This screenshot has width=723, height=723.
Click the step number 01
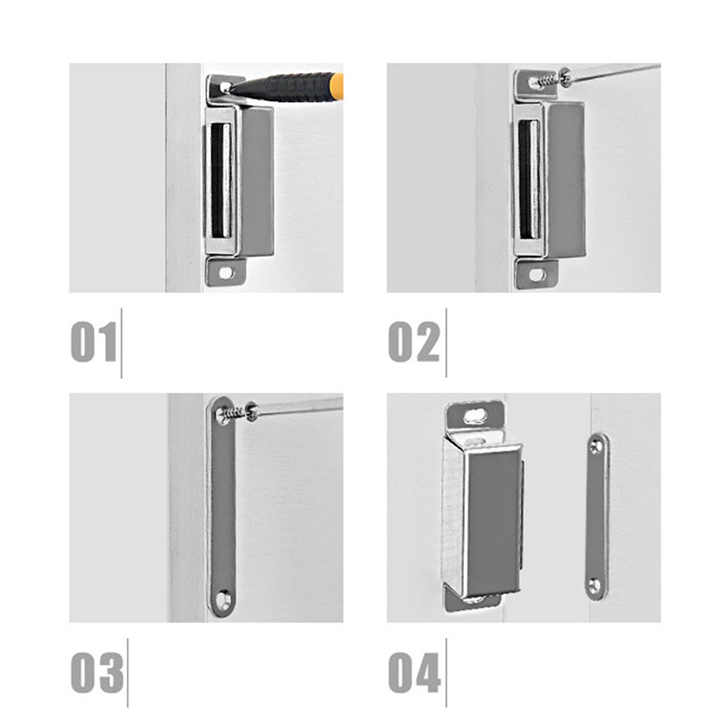point(94,342)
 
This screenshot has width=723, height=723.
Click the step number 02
point(414,342)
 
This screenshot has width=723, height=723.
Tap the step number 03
point(97,672)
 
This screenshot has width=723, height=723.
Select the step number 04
point(415,672)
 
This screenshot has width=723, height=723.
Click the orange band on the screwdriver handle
point(337,87)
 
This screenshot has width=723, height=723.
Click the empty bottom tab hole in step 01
point(226,273)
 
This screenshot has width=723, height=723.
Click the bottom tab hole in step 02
point(537,276)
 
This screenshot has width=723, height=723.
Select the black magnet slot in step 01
point(221,180)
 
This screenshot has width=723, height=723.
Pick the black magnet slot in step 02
point(529,179)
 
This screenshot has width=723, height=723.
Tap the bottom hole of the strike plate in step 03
point(224,600)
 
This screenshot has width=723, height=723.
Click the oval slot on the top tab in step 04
point(474,417)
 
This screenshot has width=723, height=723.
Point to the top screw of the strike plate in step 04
point(596,446)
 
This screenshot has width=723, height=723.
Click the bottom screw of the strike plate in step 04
point(595,586)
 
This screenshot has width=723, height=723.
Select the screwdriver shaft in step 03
point(300,406)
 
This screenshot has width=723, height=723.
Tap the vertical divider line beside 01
point(122,343)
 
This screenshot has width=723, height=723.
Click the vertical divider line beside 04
point(446,672)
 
